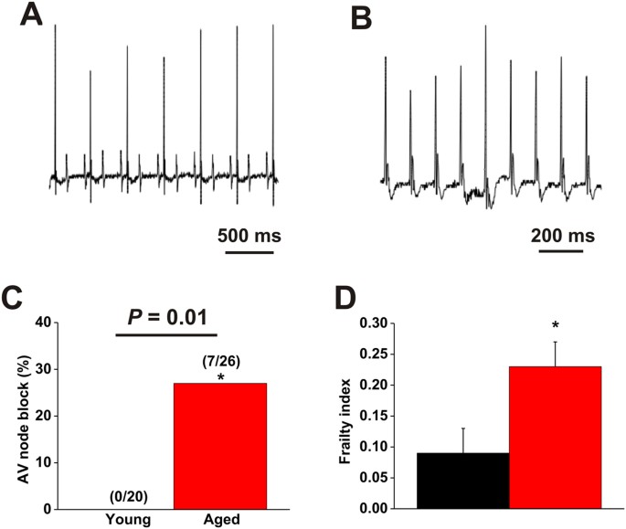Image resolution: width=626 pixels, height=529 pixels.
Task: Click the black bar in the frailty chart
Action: (x=462, y=480)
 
